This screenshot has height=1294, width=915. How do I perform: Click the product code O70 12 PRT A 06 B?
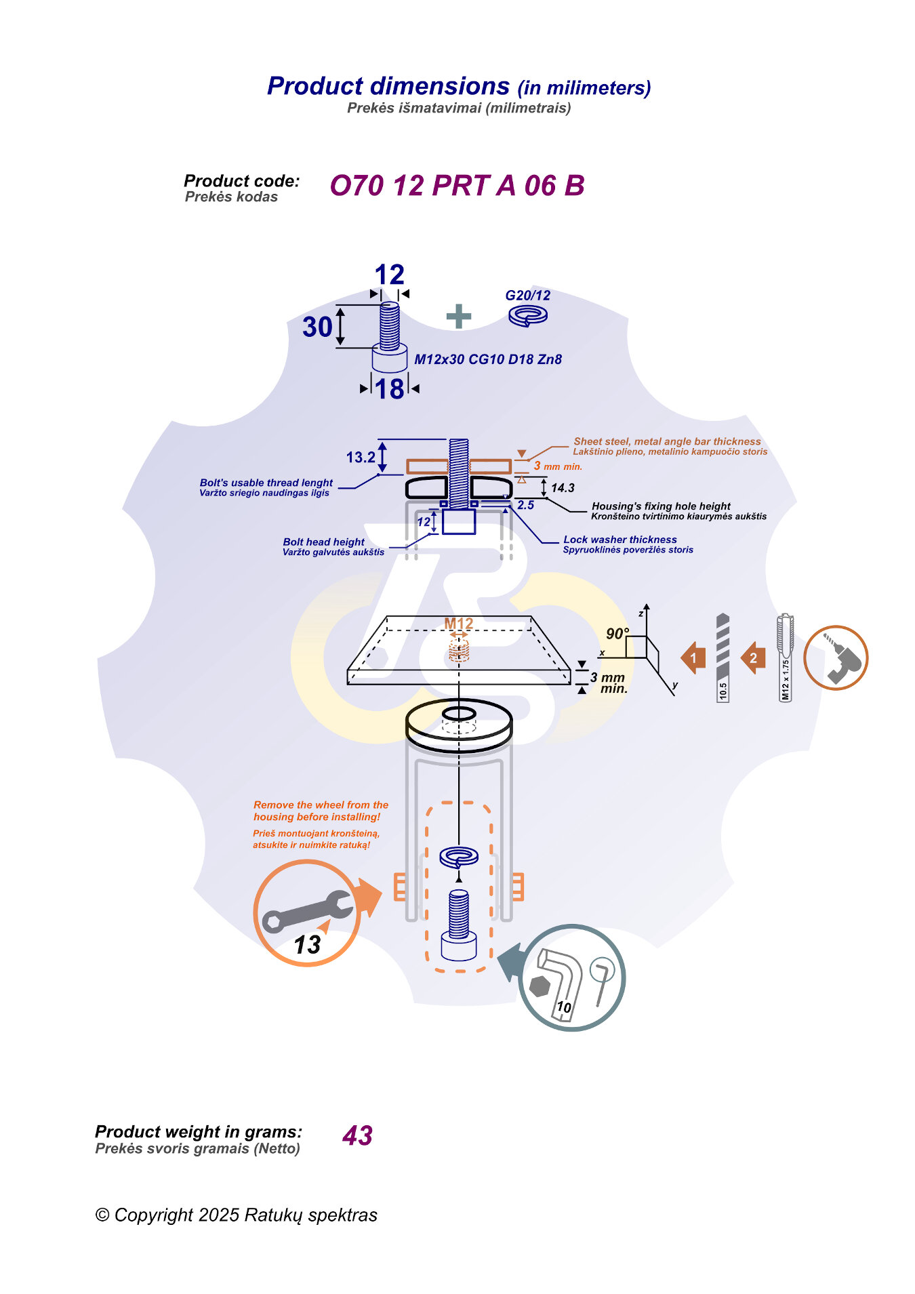457,186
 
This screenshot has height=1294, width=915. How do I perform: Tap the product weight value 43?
357,1136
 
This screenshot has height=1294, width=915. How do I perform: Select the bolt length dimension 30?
317,327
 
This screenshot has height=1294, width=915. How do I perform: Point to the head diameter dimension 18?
390,389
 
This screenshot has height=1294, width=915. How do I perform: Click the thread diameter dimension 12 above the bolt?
389,275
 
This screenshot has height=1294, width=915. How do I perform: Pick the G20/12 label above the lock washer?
527,296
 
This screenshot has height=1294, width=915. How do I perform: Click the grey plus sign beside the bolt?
459,317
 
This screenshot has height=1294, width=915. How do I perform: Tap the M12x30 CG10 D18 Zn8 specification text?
488,359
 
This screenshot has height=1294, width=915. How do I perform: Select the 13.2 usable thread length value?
361,458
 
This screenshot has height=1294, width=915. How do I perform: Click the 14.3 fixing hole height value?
563,488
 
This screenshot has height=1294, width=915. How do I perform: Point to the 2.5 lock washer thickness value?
525,505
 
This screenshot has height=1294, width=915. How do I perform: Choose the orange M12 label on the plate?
458,624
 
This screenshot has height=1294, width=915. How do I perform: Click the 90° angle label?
617,634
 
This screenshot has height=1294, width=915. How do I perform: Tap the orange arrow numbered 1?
693,658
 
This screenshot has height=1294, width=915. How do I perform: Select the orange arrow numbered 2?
753,658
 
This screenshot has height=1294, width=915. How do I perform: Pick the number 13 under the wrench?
307,945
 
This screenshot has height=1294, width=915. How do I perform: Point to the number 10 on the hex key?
563,1007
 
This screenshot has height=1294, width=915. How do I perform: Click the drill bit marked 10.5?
723,658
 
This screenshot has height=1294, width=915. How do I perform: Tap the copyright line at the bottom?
236,1215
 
